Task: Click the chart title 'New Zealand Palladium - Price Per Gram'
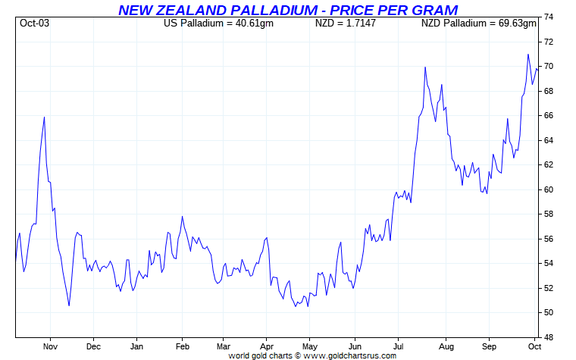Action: (x=288, y=10)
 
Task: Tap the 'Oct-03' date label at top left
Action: (x=34, y=23)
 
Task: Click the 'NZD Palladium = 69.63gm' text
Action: (x=478, y=23)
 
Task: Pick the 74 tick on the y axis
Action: (x=548, y=17)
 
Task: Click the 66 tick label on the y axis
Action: (x=548, y=115)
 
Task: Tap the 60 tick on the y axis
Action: (x=548, y=189)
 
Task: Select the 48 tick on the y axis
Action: (x=548, y=337)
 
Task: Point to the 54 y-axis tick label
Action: (x=548, y=263)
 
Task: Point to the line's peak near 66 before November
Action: (x=44, y=117)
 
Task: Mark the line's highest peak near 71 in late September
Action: (x=528, y=55)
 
